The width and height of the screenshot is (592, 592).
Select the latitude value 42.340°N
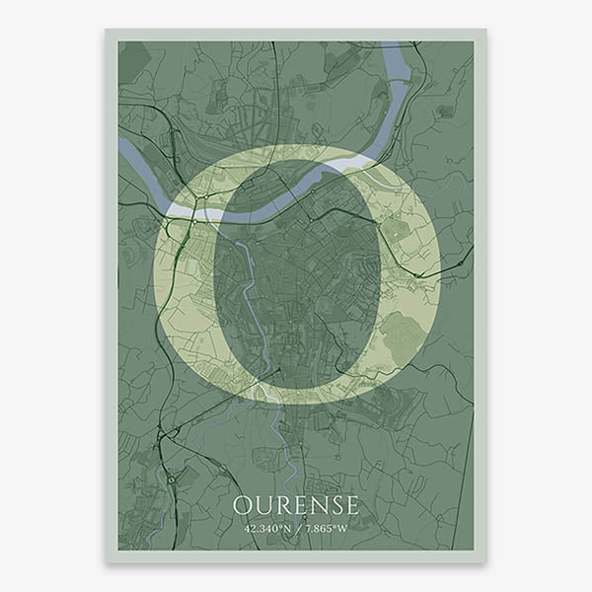(x=267, y=529)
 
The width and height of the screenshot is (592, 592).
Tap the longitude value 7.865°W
(x=325, y=529)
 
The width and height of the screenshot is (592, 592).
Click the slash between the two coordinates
(x=296, y=529)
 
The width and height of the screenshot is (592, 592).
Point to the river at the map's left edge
(x=123, y=147)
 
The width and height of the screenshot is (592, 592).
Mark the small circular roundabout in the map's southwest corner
(x=170, y=481)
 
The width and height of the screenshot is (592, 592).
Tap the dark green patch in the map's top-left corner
(x=133, y=55)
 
